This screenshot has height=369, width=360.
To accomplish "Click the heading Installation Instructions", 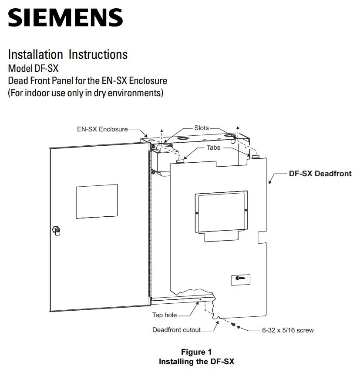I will [x=68, y=55].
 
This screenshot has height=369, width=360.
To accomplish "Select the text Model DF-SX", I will [x=33, y=69].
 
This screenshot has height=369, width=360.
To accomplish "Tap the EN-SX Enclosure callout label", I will [x=102, y=129].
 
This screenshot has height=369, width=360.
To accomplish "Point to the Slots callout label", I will [x=201, y=128].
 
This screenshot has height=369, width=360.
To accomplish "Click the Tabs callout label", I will [x=213, y=148].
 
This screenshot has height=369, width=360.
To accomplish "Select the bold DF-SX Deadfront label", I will [x=320, y=174].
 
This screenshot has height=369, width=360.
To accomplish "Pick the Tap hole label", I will [x=164, y=315].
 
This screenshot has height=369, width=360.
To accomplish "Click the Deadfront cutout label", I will [x=176, y=330].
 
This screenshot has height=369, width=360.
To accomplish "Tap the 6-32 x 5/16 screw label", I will [x=287, y=330].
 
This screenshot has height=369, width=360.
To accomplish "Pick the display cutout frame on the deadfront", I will [x=221, y=212].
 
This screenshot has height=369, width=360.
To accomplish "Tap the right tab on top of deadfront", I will [x=256, y=156].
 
